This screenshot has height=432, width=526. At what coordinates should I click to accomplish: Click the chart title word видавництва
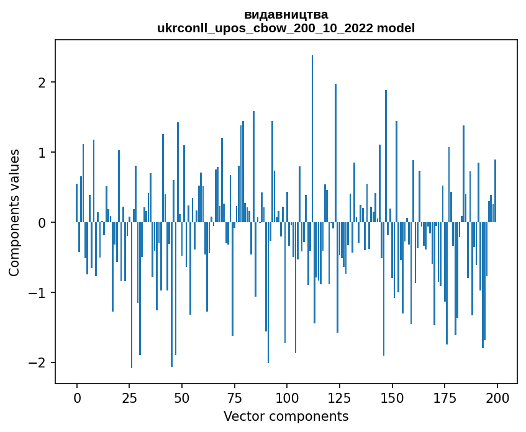(x=286, y=14)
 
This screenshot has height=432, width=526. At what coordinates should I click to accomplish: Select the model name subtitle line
(x=286, y=28)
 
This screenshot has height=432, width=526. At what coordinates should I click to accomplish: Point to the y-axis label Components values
(x=14, y=212)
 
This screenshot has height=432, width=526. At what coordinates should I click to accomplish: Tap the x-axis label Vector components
(x=286, y=416)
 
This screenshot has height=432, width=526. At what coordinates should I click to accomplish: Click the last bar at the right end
(x=495, y=191)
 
